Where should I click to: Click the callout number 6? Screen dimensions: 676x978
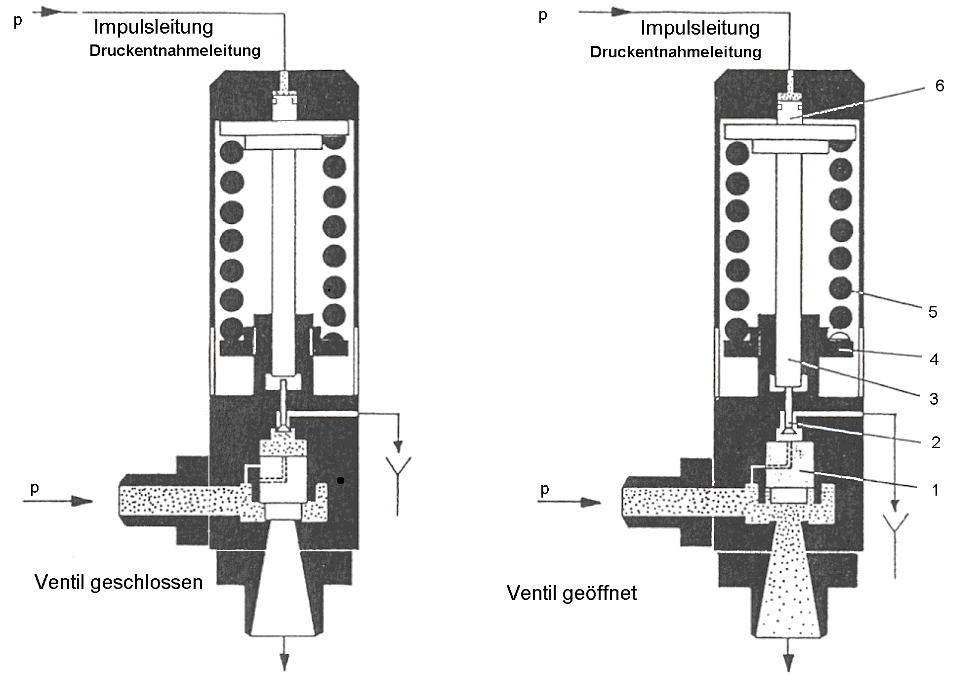(x=939, y=86)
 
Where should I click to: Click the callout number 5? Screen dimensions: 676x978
(x=933, y=312)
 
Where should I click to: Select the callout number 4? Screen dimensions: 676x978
(x=934, y=359)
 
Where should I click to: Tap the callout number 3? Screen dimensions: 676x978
(x=934, y=399)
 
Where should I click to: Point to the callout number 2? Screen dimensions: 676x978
(x=936, y=442)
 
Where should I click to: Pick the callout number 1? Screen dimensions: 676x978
(x=935, y=490)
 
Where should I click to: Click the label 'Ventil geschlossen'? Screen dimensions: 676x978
(x=119, y=582)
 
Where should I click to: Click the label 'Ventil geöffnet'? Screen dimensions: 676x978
(x=571, y=592)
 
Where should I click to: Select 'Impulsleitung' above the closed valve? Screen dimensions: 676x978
(x=153, y=27)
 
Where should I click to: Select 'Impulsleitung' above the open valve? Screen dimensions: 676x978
(x=700, y=28)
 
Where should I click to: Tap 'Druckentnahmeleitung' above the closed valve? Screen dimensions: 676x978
(x=174, y=50)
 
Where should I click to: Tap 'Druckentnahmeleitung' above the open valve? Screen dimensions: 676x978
(x=675, y=52)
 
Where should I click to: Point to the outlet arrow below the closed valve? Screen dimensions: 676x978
(x=285, y=658)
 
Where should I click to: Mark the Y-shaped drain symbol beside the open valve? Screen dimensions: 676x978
(x=896, y=524)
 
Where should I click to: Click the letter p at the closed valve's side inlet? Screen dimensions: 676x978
(x=34, y=488)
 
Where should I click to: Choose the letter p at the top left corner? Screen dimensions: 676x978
(x=18, y=21)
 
